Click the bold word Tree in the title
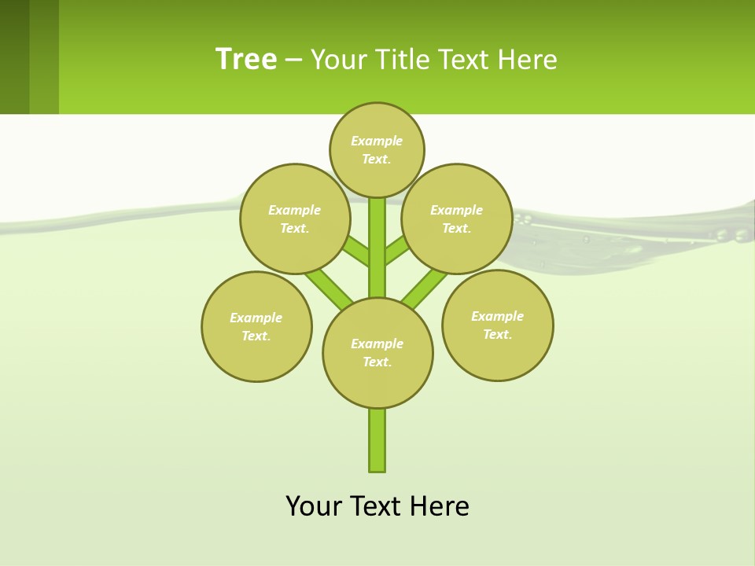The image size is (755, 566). [246, 59]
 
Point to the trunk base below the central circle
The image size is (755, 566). [377, 440]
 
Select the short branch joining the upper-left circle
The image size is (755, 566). [355, 252]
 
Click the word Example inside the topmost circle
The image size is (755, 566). [377, 141]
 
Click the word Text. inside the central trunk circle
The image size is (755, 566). [377, 362]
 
